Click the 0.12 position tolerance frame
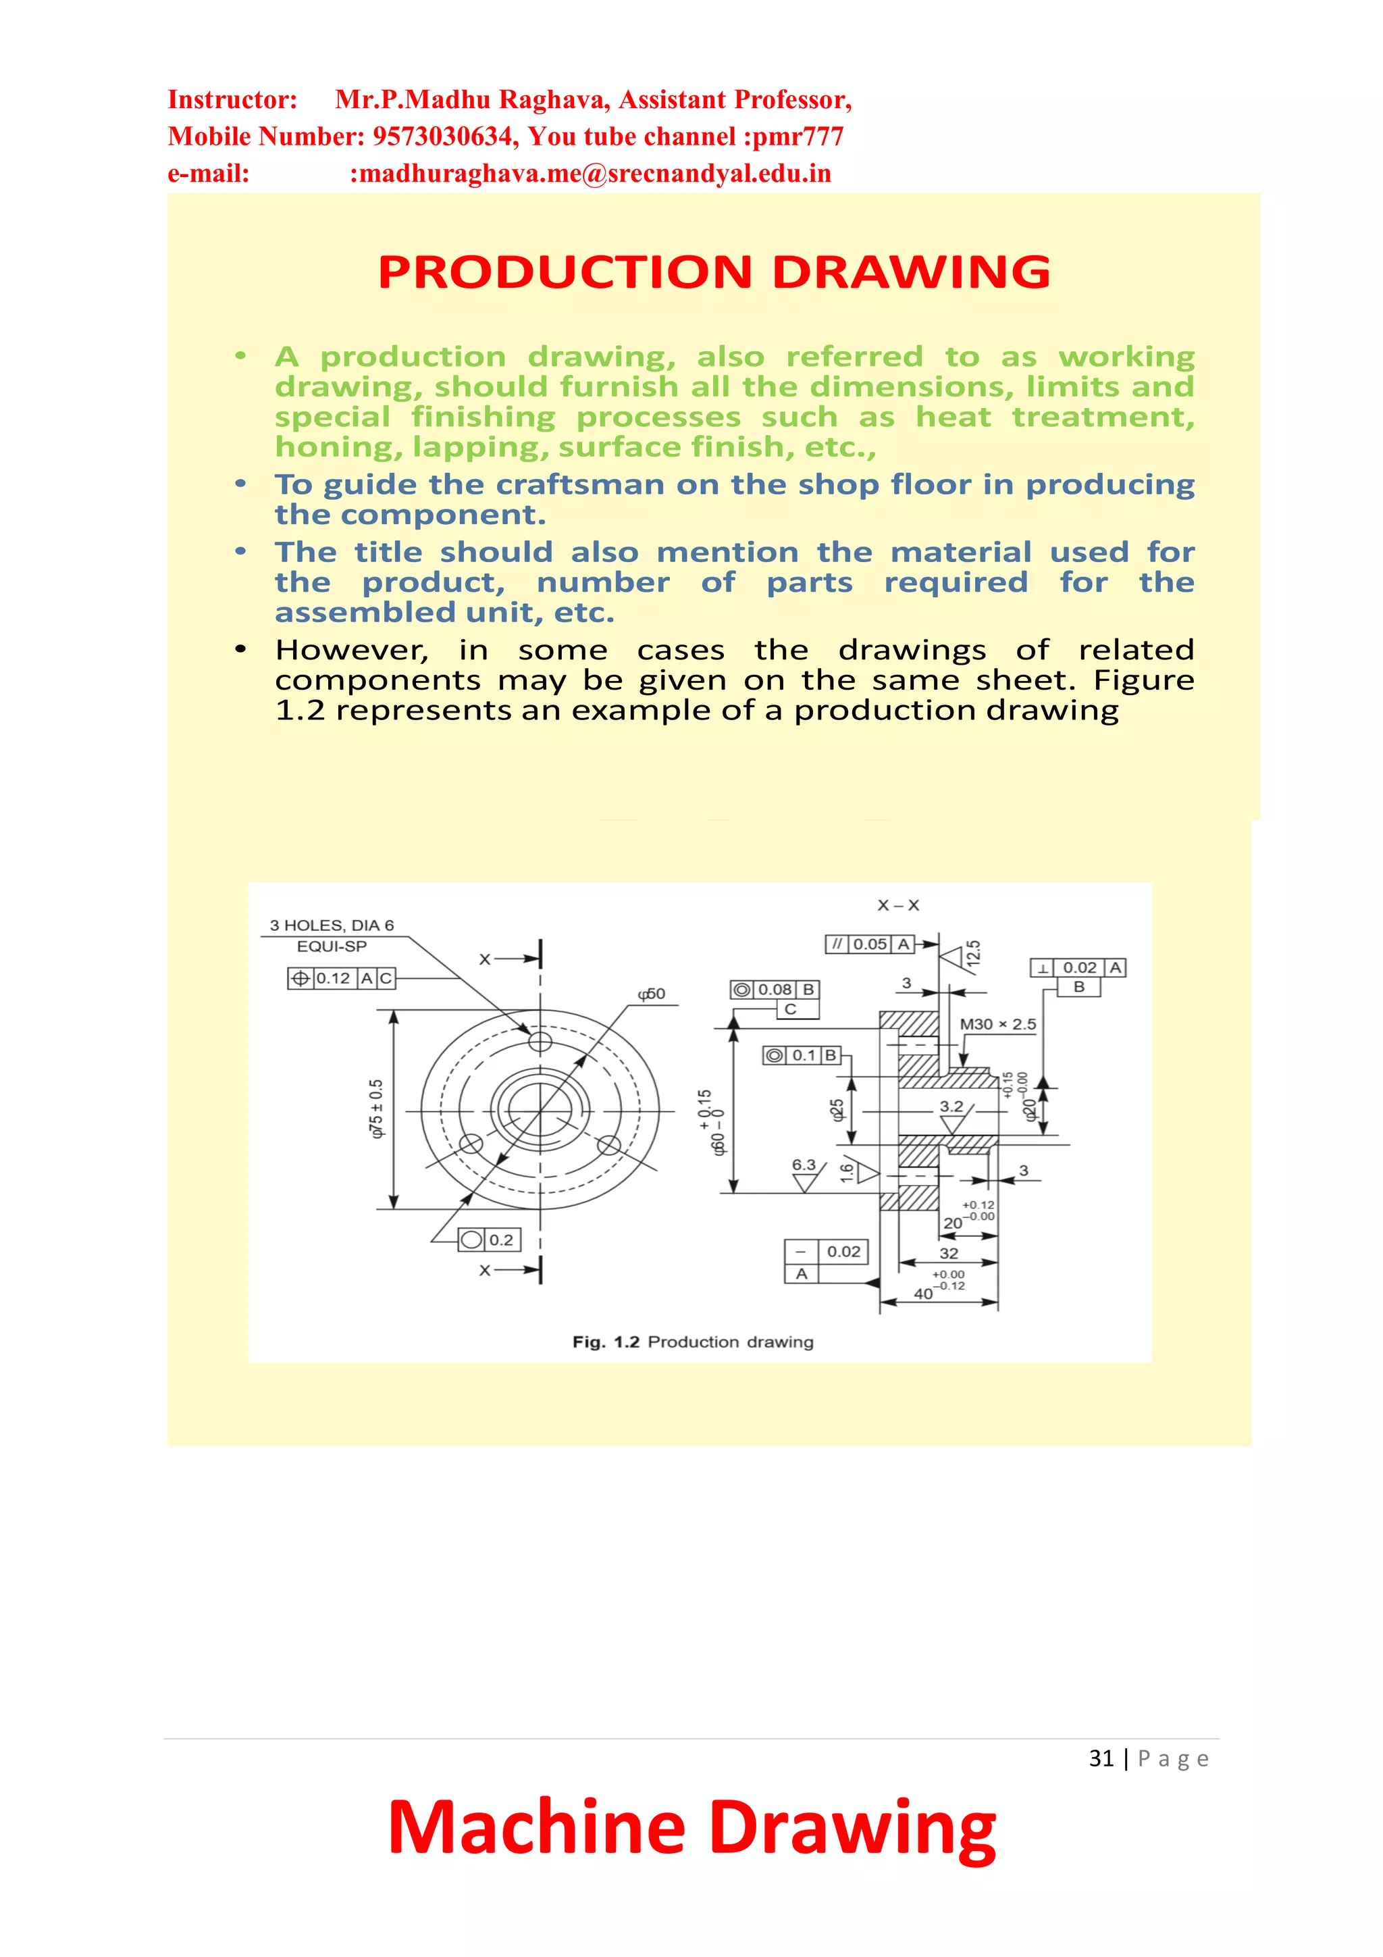tap(342, 978)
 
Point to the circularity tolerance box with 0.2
tap(489, 1240)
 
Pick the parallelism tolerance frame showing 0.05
tap(870, 944)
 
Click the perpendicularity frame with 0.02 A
tap(1078, 967)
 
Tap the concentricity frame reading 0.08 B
tap(775, 990)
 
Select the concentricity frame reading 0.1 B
tap(802, 1055)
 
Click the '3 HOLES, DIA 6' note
tap(332, 925)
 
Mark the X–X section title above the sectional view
tap(898, 905)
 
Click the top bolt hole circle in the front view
tap(540, 1042)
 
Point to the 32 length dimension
tap(948, 1253)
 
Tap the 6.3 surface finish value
tap(804, 1165)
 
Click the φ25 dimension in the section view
tap(837, 1109)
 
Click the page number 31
tap(1101, 1758)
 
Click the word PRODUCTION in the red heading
tap(564, 272)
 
